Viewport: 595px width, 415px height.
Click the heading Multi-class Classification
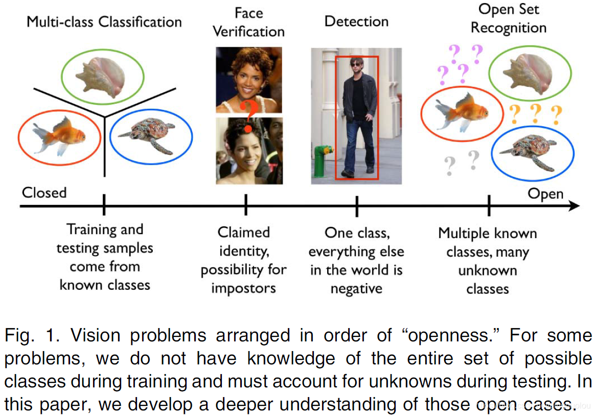pos(104,22)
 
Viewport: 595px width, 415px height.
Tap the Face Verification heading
pos(248,22)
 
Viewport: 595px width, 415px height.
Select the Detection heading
pos(356,21)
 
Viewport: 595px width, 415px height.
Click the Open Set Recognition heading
pos(508,18)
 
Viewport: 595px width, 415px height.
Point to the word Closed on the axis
pos(44,193)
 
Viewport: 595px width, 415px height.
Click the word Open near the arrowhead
pos(545,194)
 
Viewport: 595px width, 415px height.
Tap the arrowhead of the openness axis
pos(575,206)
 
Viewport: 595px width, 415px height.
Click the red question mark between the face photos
pos(248,113)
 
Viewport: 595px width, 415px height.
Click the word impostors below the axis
pos(243,288)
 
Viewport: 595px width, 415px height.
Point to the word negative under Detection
pos(356,289)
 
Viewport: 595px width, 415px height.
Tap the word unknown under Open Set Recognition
pos(487,270)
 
